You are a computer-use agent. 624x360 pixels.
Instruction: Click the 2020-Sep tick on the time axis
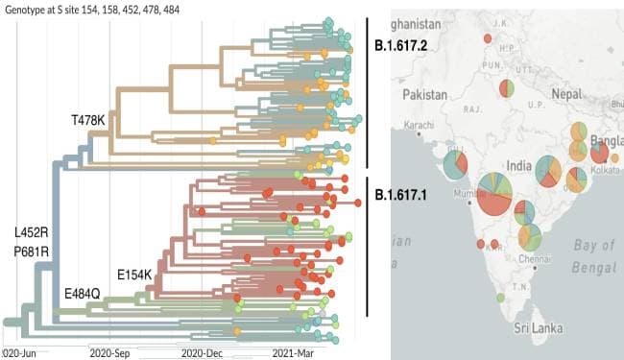click(109, 352)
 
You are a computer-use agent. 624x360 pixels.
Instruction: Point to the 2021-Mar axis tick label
click(294, 352)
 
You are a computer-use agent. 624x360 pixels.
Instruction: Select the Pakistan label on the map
click(426, 95)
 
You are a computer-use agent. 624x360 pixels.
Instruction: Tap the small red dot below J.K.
click(489, 39)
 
